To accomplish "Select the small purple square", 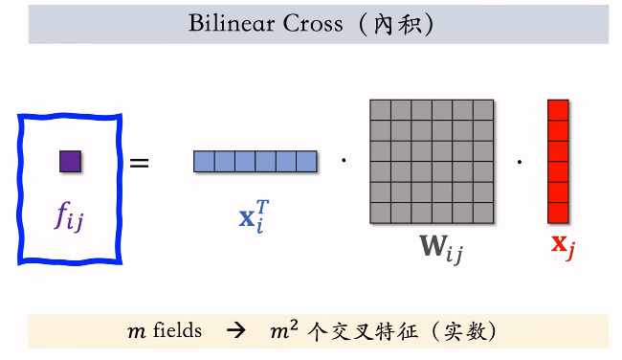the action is click(70, 161).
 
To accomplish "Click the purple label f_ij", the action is click(70, 217).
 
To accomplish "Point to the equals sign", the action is click(140, 163).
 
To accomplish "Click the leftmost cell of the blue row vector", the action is click(204, 162).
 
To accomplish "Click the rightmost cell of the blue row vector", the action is click(306, 162).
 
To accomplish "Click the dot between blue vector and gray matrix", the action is click(344, 160).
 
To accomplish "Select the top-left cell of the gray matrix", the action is click(381, 109).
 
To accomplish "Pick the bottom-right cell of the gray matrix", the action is click(483, 212).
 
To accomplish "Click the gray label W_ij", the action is click(439, 249).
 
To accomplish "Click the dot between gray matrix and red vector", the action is click(520, 160).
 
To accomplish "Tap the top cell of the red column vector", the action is click(558, 109).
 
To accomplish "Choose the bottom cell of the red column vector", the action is click(558, 212).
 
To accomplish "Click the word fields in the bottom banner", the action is click(178, 331).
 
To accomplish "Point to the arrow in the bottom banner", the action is click(235, 331).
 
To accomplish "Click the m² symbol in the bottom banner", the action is click(284, 330).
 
